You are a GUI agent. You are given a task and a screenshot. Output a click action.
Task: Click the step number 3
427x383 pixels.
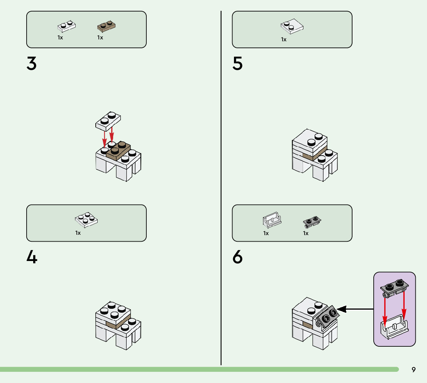[x=32, y=64]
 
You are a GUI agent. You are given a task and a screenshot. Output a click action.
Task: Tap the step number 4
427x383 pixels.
[x=32, y=257]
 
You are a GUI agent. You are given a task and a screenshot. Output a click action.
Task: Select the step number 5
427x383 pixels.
[x=237, y=64]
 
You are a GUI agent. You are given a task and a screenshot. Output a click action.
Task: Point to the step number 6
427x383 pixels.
[x=237, y=257]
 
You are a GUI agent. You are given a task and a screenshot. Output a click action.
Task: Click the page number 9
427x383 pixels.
[x=413, y=369]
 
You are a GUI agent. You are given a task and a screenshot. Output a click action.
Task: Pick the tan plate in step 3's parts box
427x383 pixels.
[x=107, y=26]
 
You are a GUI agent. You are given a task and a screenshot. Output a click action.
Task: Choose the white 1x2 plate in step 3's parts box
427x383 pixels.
[x=66, y=26]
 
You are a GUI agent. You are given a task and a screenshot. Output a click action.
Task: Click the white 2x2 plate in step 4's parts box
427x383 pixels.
[x=86, y=219]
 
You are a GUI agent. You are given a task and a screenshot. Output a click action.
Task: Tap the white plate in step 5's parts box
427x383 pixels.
[x=292, y=26]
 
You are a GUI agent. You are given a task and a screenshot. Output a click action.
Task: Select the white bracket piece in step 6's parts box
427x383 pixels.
[x=272, y=220]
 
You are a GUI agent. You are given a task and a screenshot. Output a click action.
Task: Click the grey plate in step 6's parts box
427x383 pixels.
[x=312, y=221]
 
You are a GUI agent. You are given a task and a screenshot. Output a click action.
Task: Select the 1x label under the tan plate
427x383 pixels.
[x=100, y=37]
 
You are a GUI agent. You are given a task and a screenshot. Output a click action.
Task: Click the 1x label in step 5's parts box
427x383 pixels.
[x=284, y=39]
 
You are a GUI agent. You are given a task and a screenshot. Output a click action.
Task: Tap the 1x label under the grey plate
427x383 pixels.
[x=306, y=233]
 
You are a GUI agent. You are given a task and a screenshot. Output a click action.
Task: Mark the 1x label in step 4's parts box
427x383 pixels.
[x=78, y=233]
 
